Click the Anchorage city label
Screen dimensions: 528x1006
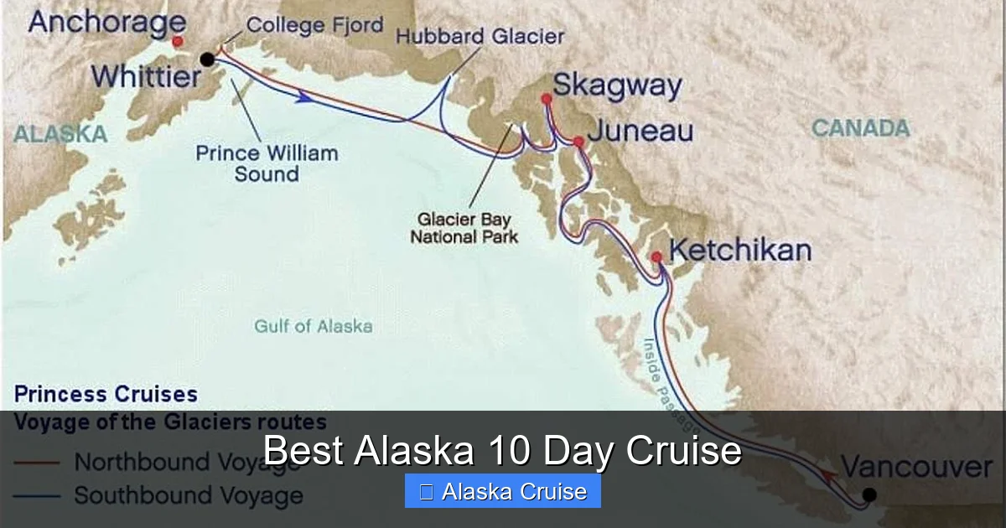106,22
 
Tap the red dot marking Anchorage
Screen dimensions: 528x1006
177,40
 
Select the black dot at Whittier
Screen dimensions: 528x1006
207,59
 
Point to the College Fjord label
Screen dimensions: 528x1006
315,25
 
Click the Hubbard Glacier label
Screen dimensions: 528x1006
480,37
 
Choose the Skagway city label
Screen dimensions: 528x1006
617,85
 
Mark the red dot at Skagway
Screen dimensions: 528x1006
547,99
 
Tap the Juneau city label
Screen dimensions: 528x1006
640,132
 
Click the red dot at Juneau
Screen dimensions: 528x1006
578,142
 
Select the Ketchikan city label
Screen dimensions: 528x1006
740,251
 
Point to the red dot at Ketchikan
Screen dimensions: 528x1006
656,256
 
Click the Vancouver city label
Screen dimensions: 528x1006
916,467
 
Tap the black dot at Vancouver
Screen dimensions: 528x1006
869,494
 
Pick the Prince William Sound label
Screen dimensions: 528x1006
267,163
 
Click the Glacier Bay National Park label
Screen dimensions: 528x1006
464,228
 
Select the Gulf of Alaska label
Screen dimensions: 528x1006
314,326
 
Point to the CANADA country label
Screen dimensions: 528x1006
860,128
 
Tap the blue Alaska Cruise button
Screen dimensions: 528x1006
503,491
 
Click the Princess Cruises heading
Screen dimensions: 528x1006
106,394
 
